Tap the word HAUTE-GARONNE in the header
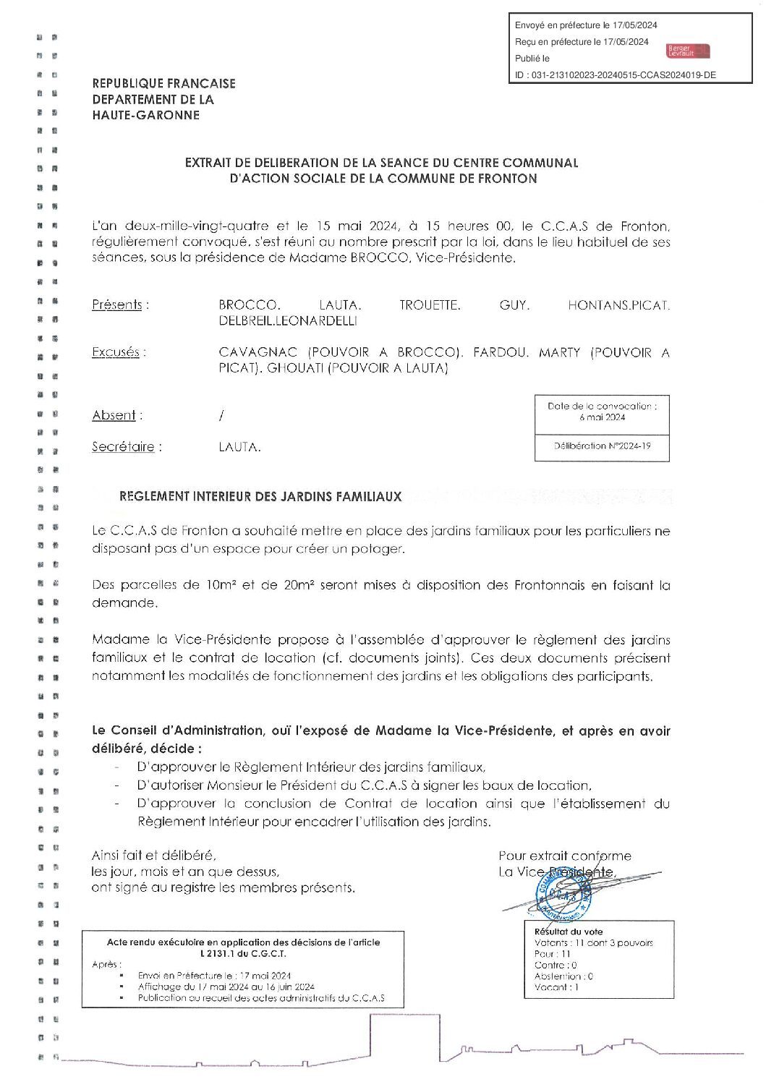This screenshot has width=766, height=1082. click(145, 116)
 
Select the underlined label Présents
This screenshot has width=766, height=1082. click(116, 305)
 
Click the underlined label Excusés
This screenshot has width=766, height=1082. click(116, 353)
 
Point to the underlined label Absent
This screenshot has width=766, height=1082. click(114, 415)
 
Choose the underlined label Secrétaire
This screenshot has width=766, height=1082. click(123, 447)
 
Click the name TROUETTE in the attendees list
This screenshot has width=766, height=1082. click(429, 305)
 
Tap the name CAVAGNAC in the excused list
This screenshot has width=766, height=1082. click(259, 353)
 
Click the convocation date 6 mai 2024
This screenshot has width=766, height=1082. click(602, 417)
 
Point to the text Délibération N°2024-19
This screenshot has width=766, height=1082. click(602, 446)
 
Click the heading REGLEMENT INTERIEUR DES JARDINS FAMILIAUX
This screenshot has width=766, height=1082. click(260, 497)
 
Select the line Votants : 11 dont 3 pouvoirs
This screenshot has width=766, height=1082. click(593, 943)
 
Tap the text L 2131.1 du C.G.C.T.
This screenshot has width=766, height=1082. click(243, 953)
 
